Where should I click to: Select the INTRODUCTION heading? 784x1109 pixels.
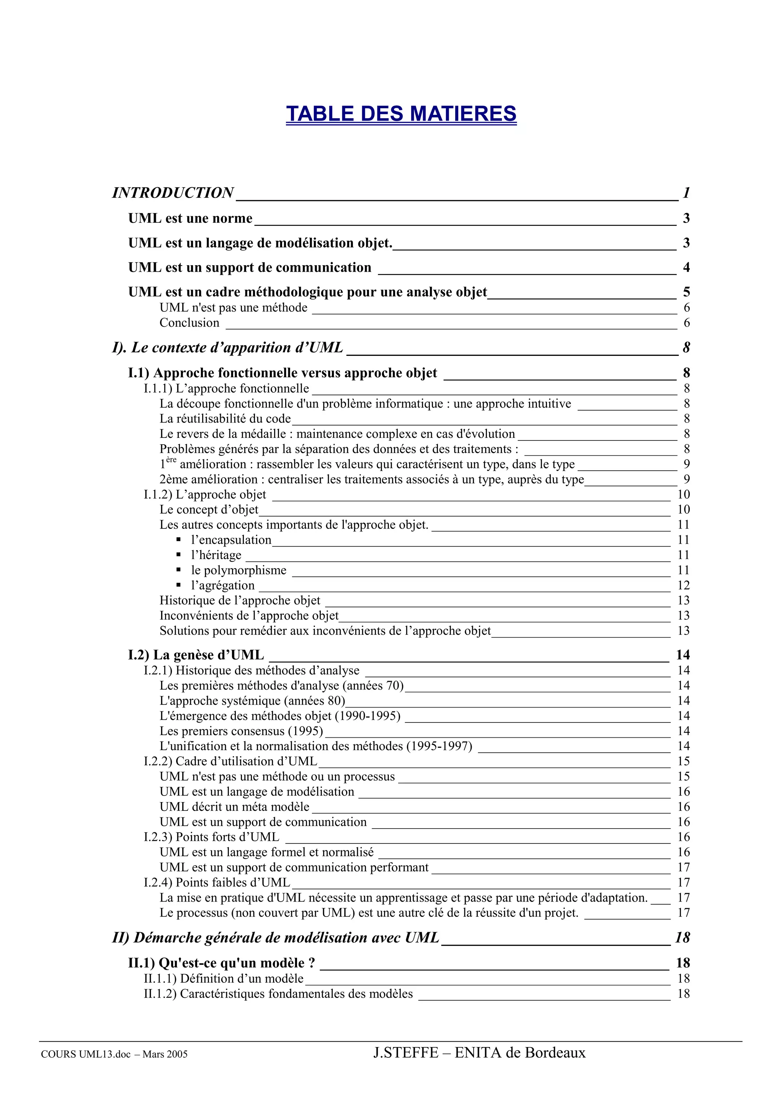[x=173, y=193]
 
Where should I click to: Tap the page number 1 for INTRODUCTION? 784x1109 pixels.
[x=686, y=193]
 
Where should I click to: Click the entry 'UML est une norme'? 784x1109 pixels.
[x=190, y=219]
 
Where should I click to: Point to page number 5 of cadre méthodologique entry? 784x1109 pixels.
[x=686, y=292]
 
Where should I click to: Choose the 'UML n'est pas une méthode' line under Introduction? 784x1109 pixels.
[x=233, y=308]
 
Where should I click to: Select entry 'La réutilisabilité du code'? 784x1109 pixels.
[x=225, y=418]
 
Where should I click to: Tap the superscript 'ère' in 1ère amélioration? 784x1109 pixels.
[x=171, y=460]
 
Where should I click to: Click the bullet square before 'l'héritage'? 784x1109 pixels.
[x=179, y=554]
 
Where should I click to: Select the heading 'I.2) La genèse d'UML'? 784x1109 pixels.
[x=196, y=655]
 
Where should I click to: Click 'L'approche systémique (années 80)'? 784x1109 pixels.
[x=252, y=700]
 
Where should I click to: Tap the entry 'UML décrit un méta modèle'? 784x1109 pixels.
[x=234, y=807]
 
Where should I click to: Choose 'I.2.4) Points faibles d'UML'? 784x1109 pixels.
[x=217, y=882]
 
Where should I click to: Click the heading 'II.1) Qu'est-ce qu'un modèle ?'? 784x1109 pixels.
[x=222, y=963]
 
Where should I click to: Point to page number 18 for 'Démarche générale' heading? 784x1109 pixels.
[x=683, y=938]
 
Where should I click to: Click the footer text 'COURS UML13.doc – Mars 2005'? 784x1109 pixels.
[x=114, y=1054]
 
